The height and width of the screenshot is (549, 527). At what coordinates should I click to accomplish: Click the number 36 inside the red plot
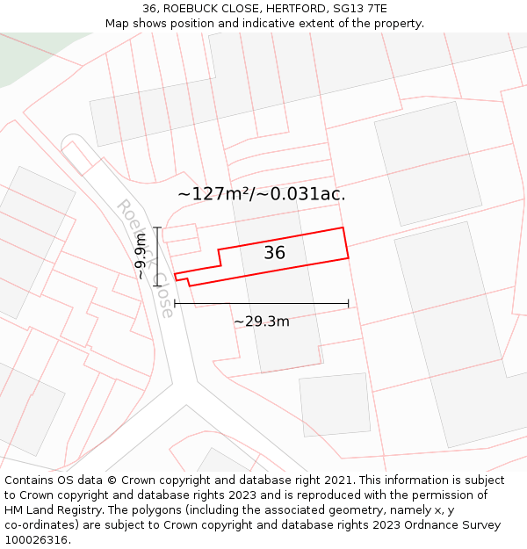click(274, 253)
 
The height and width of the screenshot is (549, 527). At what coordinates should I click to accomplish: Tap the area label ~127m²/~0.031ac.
click(262, 194)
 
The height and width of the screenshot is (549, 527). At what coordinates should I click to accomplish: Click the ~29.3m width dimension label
click(262, 321)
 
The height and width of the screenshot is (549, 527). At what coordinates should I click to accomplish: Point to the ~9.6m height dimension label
click(141, 256)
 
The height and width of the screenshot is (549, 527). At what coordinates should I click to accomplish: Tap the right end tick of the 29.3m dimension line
click(349, 304)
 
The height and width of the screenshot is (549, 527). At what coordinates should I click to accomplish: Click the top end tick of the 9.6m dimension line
click(156, 228)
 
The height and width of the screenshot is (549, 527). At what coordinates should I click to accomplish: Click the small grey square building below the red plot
click(335, 404)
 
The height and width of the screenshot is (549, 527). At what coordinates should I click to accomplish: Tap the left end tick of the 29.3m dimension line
click(175, 304)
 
